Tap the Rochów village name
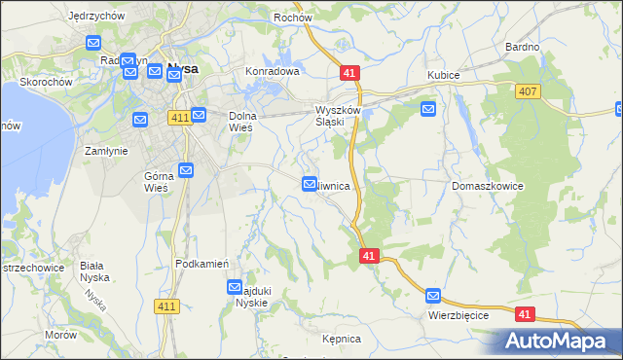pos(292,17)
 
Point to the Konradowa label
pos(273,72)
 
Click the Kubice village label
pos(443,75)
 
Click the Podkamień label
pos(202,264)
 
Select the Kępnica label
pos(342,339)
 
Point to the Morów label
pos(60,335)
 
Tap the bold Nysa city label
pos(184,68)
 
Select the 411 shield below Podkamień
pos(166,306)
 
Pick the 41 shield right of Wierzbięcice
pos(525,314)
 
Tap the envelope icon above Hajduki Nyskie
pos(235,287)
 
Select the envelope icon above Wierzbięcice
pos(433,296)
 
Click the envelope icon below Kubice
pos(427,109)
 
